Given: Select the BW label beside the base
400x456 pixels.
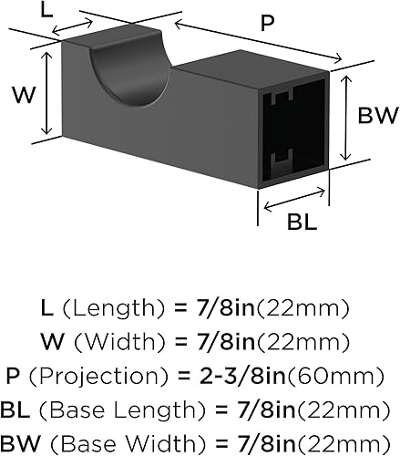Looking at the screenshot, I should tap(375, 116).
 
